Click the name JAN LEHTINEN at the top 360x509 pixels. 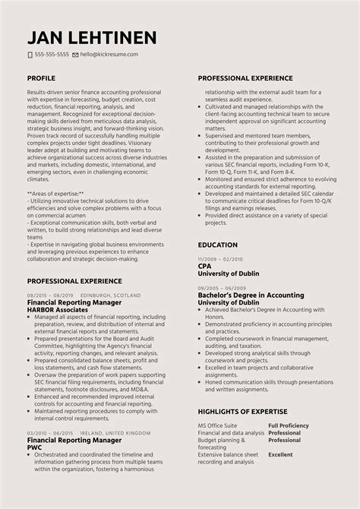[92, 37]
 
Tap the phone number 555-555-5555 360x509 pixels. [52, 55]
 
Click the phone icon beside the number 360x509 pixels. [30, 55]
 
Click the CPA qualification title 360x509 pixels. [204, 267]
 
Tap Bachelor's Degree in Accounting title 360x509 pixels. [250, 295]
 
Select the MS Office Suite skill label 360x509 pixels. [218, 425]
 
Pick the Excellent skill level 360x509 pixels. [280, 454]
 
